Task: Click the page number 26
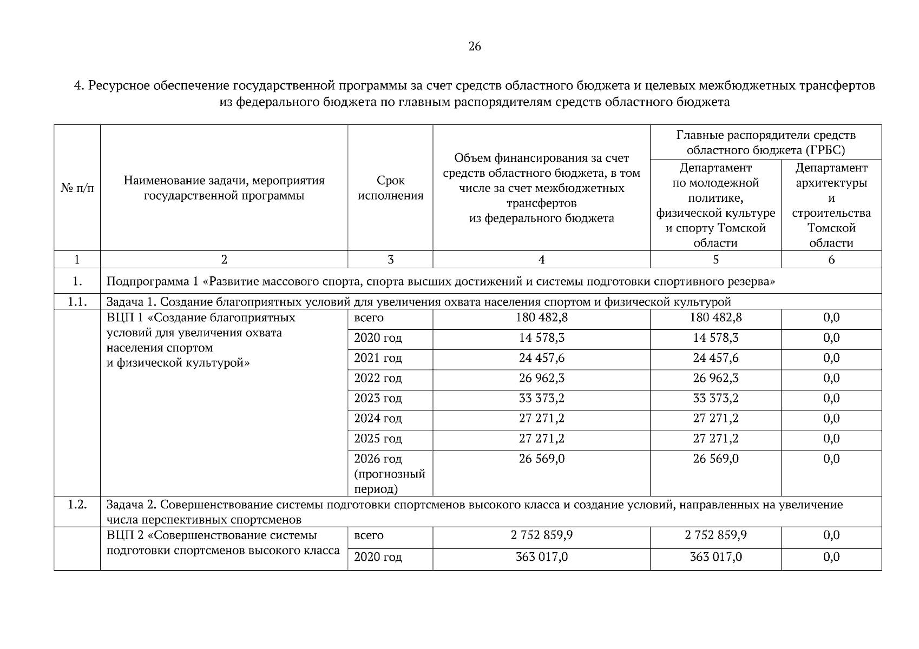[474, 47]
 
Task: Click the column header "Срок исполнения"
[390, 188]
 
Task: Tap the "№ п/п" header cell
[77, 188]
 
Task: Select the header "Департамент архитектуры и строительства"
[831, 205]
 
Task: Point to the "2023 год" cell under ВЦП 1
[378, 399]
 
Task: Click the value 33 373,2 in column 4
[541, 399]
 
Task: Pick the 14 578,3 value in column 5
[715, 338]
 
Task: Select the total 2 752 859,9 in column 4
[541, 535]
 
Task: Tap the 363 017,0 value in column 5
[715, 557]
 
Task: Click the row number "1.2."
[77, 505]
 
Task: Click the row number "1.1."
[77, 302]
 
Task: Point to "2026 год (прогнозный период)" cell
[389, 474]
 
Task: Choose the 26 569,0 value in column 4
[541, 459]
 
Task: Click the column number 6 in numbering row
[831, 260]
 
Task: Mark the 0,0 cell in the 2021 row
[831, 358]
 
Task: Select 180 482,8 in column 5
[715, 317]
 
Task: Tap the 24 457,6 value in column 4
[541, 358]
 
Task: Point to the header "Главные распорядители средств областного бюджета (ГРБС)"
[765, 142]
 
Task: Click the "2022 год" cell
[378, 378]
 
